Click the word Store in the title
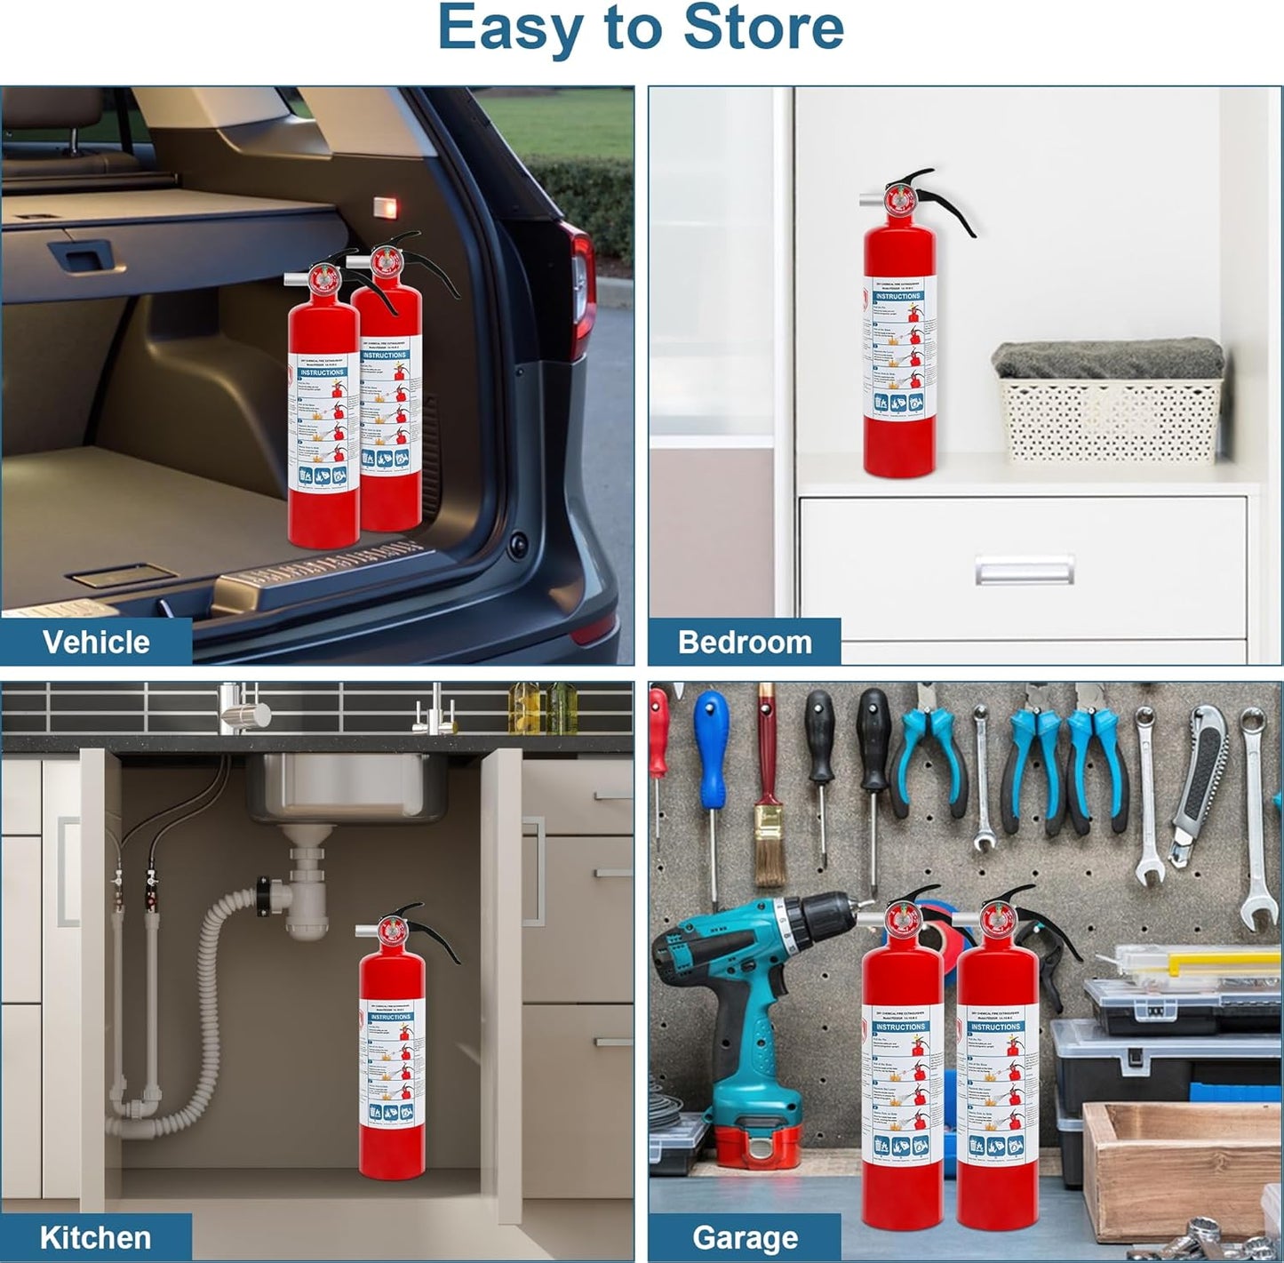[763, 28]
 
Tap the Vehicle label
[96, 642]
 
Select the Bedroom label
[745, 642]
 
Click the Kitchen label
[95, 1237]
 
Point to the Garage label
[745, 1237]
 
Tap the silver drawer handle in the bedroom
[1024, 570]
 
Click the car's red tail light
[582, 284]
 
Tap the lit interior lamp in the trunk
[384, 206]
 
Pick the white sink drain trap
[307, 889]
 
